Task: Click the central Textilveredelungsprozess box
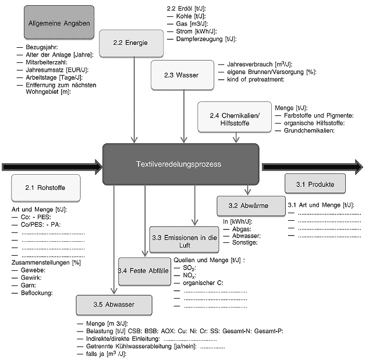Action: [x=181, y=164]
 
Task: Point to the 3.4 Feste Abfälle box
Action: [x=144, y=271]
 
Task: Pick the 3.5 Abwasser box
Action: [x=113, y=305]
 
